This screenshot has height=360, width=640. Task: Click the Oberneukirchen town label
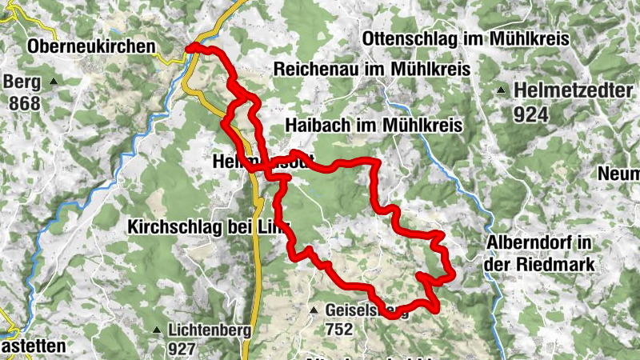pyautogui.click(x=90, y=47)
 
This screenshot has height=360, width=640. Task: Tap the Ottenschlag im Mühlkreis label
pyautogui.click(x=465, y=38)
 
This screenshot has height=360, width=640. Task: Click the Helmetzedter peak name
pyautogui.click(x=574, y=90)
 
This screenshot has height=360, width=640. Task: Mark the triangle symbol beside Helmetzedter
pyautogui.click(x=501, y=90)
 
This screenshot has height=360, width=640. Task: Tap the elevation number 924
pyautogui.click(x=531, y=114)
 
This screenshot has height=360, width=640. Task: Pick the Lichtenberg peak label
pyautogui.click(x=210, y=330)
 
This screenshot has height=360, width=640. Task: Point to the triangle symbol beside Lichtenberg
pyautogui.click(x=157, y=330)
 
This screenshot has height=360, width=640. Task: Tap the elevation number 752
pyautogui.click(x=339, y=329)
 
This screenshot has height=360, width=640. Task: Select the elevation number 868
pyautogui.click(x=25, y=103)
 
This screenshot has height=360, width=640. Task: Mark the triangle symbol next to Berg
pyautogui.click(x=54, y=82)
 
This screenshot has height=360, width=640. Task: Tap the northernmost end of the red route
pyautogui.click(x=190, y=49)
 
